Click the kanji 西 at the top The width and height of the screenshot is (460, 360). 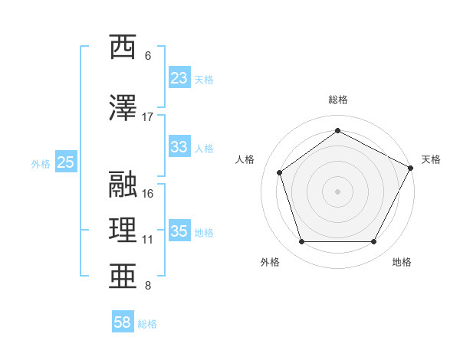coord(123,47)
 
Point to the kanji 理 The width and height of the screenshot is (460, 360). coord(123,228)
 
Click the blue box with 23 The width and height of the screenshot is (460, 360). coord(179,78)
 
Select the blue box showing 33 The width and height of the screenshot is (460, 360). coord(179,148)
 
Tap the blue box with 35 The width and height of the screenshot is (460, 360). coord(179,231)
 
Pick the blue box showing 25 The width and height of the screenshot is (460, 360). coord(65,162)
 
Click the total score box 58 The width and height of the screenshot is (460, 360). coord(123,323)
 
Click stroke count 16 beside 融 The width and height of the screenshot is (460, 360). coord(148,194)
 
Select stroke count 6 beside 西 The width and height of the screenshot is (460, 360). coord(148,56)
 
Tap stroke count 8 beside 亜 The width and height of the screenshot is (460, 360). coord(148,286)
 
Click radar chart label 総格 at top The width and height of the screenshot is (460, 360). coord(338,100)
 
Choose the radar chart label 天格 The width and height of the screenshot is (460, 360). coord(431,159)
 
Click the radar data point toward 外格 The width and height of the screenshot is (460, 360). coord(301,242)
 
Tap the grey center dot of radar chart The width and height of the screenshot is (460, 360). coord(338,191)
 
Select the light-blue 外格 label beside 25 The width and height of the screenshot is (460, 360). coord(41,163)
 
